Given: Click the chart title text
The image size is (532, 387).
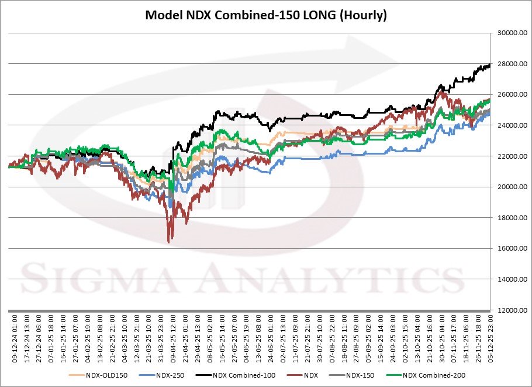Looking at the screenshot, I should [x=266, y=15].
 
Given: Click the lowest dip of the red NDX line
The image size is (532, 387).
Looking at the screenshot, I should [x=168, y=242].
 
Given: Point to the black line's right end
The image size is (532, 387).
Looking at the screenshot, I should [x=489, y=65].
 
